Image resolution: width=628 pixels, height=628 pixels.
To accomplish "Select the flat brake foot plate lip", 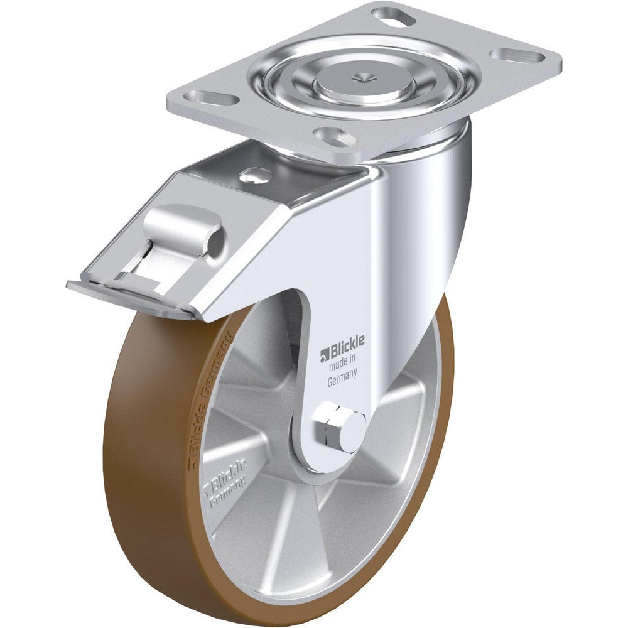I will pos(126,295).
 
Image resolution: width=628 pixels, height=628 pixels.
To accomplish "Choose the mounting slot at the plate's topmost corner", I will pos(394,13).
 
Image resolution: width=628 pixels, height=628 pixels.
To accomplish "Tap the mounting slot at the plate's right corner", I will pos(517,56).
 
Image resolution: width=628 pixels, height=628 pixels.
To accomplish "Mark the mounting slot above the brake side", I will pos(210,98).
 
